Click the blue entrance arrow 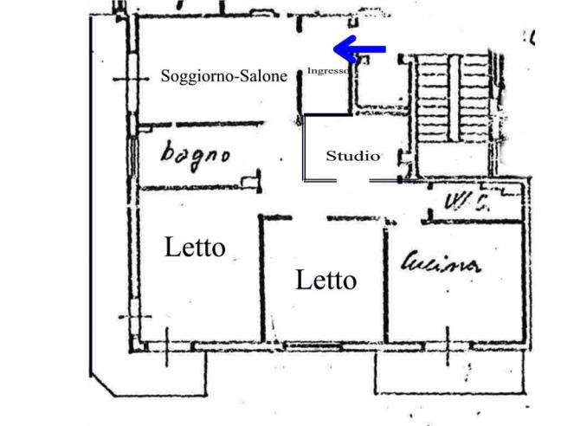point(358,48)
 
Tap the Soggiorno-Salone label point(223,76)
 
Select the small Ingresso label point(330,70)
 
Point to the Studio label point(352,156)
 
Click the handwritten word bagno point(196,155)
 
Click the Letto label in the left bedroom point(195,248)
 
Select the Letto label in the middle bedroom point(326,280)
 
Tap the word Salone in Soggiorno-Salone point(261,76)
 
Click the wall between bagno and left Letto point(195,188)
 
